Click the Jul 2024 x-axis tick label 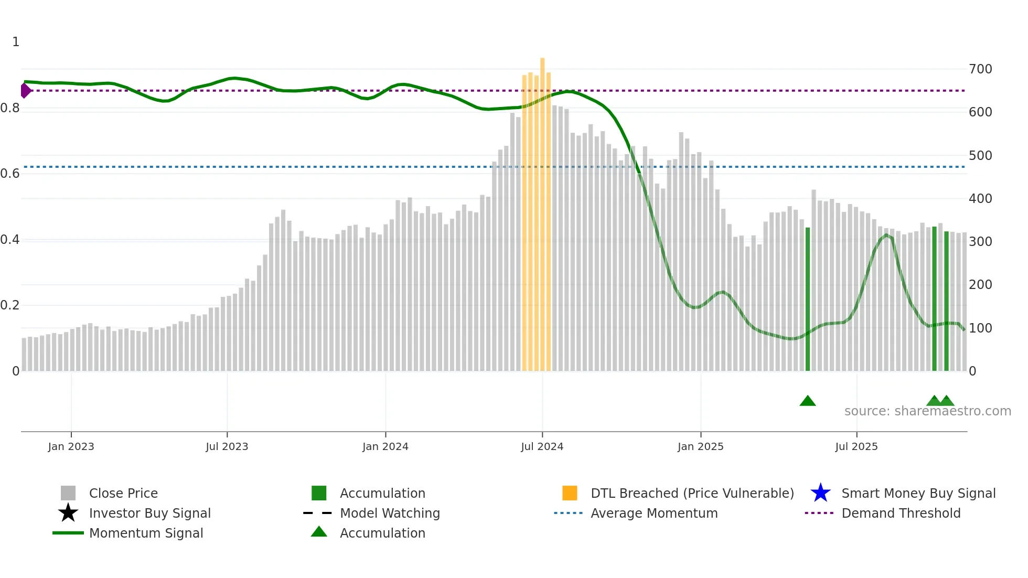click(x=542, y=446)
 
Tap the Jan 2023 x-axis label click(x=71, y=446)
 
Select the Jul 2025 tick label click(x=856, y=446)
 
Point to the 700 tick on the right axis click(x=980, y=69)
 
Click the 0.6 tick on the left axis click(x=10, y=174)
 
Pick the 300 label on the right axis click(x=980, y=242)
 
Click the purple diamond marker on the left click(x=25, y=90)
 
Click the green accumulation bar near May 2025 click(x=808, y=299)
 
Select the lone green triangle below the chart click(x=808, y=401)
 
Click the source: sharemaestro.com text click(x=927, y=411)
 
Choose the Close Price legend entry click(x=123, y=494)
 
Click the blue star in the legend click(x=820, y=493)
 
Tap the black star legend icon click(x=68, y=513)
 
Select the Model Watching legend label click(x=390, y=513)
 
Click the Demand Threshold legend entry click(x=901, y=513)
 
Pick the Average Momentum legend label click(x=654, y=513)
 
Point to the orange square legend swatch click(x=570, y=493)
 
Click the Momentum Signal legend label click(x=146, y=533)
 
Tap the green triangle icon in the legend click(x=319, y=532)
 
